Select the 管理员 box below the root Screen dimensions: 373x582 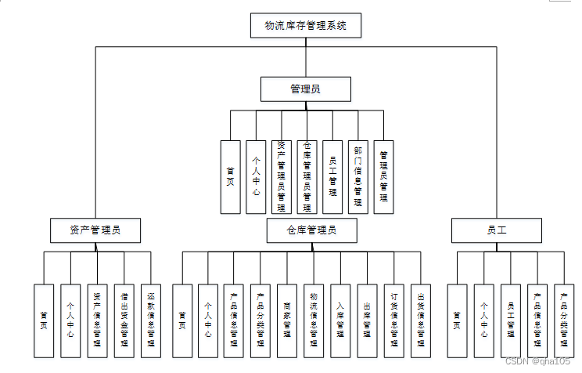(x=305, y=89)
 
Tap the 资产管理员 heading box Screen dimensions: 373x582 (x=95, y=230)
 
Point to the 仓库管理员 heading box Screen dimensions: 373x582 (x=311, y=230)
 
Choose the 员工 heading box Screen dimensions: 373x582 (x=497, y=230)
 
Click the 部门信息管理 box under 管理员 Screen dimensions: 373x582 (x=357, y=176)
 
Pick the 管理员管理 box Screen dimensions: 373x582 (x=383, y=176)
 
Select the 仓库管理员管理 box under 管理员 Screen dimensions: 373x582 (x=307, y=176)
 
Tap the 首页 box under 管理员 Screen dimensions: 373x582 (x=230, y=176)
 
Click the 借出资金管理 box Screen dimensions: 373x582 (x=124, y=320)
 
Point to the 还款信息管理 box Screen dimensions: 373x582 (x=151, y=320)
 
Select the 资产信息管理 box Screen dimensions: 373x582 (x=98, y=320)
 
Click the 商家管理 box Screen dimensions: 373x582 (x=288, y=320)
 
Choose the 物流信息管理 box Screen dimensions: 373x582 (x=314, y=320)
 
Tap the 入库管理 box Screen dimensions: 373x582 (x=340, y=320)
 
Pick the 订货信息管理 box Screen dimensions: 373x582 (x=393, y=320)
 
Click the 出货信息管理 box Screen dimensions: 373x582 (x=420, y=320)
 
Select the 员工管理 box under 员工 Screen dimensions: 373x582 (x=511, y=320)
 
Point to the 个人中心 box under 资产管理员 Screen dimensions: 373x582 (x=70, y=320)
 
